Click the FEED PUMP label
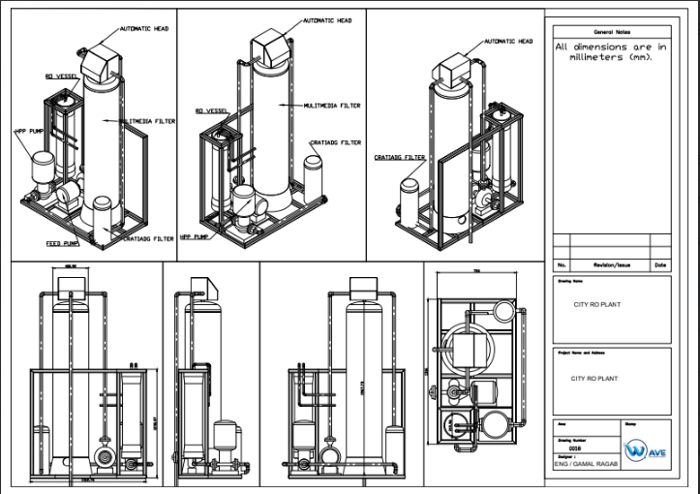click(x=62, y=244)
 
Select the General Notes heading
click(x=610, y=31)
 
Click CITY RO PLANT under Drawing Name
click(x=597, y=304)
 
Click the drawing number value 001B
click(x=573, y=448)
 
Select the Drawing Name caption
click(x=570, y=281)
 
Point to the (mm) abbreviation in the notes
click(x=643, y=58)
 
